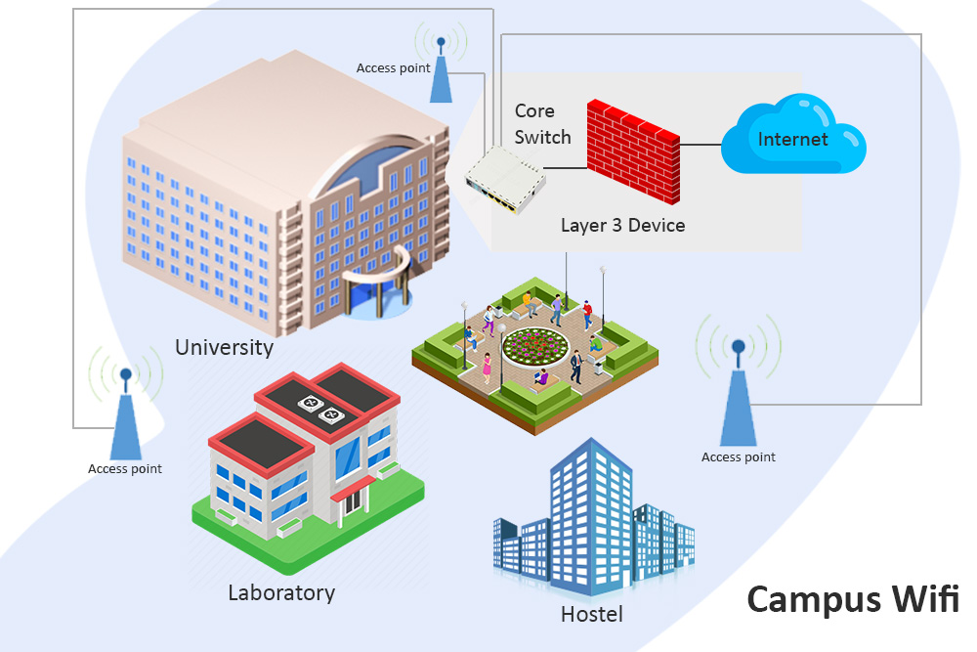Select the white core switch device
(504, 180)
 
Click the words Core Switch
(542, 124)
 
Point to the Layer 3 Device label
(622, 225)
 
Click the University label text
(224, 347)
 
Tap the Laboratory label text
(281, 592)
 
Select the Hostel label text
(591, 615)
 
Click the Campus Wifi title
(853, 598)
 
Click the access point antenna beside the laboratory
(125, 415)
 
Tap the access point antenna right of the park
(738, 396)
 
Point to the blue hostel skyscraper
(586, 518)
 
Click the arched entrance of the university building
(377, 285)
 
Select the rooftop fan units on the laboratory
(322, 408)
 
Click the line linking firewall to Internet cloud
(700, 144)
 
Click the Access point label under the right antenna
(738, 457)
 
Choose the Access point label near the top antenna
(392, 68)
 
